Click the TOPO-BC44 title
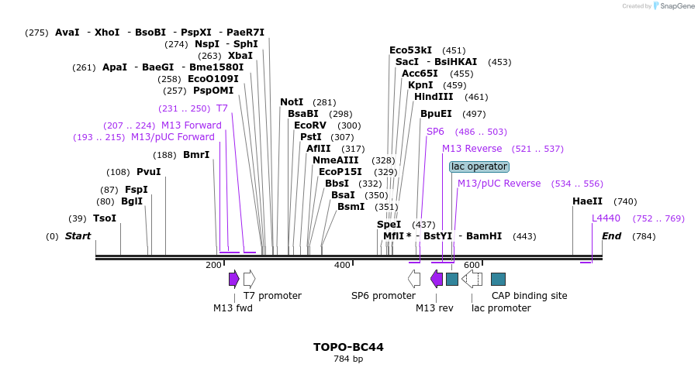(348, 347)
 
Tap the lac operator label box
(479, 167)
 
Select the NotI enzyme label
(292, 102)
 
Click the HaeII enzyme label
(587, 201)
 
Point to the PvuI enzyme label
(148, 172)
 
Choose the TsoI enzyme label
(105, 218)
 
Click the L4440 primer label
(606, 218)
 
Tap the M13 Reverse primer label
(472, 149)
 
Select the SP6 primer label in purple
(435, 132)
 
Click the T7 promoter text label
(272, 296)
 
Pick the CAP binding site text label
(529, 296)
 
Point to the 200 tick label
(213, 266)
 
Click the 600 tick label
(472, 266)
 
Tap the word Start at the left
(78, 236)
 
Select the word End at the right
(611, 236)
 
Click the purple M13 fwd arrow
(233, 279)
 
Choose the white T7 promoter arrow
(249, 279)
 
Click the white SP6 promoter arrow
(414, 279)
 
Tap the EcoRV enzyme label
(310, 125)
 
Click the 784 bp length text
(348, 359)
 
